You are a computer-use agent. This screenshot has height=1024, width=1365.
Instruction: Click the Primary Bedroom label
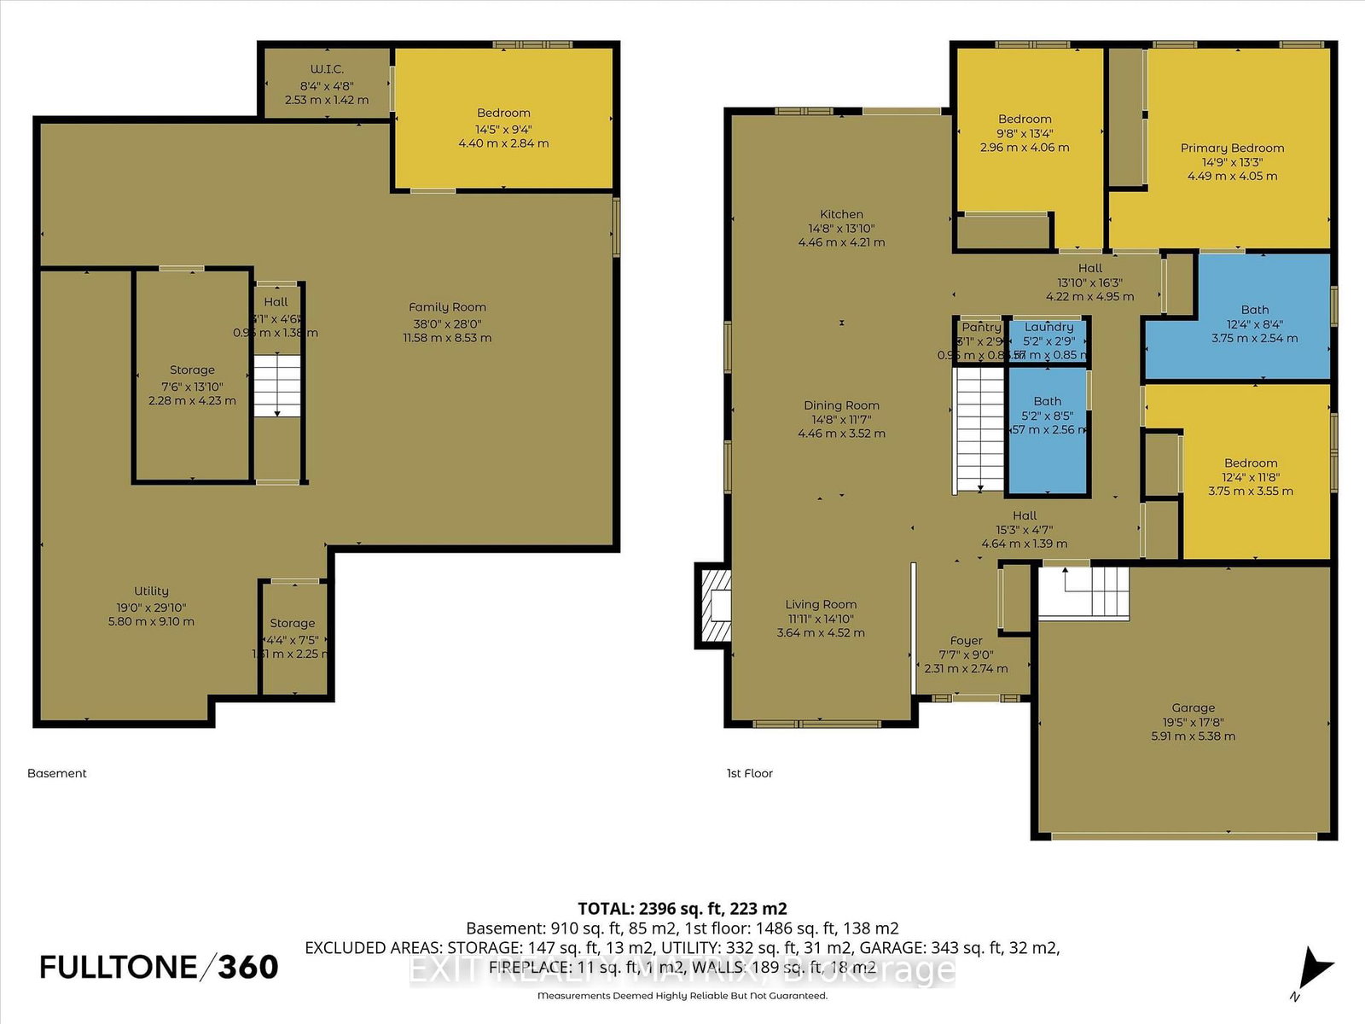pos(1232,148)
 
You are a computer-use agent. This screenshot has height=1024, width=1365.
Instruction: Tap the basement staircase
pos(277,386)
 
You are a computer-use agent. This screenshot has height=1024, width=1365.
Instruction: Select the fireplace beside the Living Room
pos(715,605)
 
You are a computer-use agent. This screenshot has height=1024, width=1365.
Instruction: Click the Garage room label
pos(1193,707)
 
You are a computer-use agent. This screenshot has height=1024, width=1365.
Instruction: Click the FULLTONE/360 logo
pos(159,967)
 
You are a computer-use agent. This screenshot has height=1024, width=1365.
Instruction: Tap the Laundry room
pos(1048,340)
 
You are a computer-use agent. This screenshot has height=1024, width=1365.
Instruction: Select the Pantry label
pos(981,327)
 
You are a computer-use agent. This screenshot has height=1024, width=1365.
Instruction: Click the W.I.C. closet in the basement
pos(327,83)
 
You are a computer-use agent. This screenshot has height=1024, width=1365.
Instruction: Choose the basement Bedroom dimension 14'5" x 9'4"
pos(503,129)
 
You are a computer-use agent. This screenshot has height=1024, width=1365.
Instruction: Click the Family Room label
pos(447,307)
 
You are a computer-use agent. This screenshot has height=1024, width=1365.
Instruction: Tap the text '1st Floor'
pos(749,773)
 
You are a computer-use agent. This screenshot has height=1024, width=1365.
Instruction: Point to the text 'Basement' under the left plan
pos(57,773)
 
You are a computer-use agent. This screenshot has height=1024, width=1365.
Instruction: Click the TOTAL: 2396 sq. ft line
pos(682,908)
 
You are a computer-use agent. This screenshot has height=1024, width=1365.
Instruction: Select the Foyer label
pos(966,641)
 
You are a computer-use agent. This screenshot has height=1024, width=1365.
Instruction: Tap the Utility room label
pos(151,591)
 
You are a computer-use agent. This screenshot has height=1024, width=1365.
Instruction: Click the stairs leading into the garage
pos(1083,591)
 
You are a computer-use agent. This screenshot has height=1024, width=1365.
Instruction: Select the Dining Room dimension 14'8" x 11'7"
pos(841,419)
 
